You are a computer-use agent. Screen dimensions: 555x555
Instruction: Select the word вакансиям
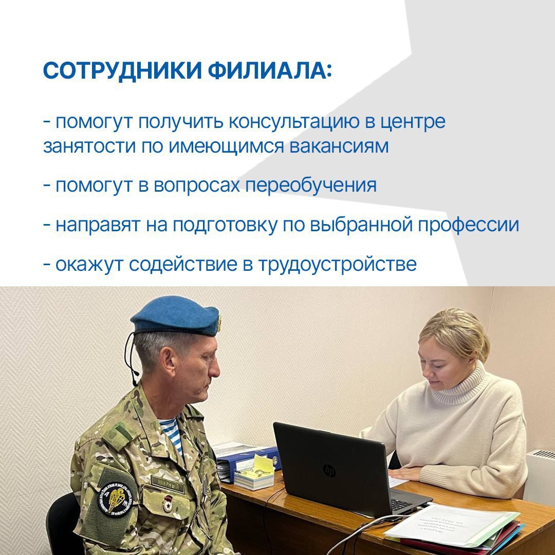pos(339,146)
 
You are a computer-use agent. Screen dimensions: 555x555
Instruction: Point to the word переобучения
pos(310,185)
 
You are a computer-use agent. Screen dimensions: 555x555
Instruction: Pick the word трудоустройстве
pos(337,264)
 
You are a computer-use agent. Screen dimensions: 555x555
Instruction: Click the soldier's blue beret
pos(175,315)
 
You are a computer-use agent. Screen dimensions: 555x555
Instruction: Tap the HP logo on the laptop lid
pos(328,470)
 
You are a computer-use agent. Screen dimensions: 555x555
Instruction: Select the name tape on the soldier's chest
pos(168,485)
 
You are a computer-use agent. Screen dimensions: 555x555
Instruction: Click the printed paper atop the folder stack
pos(452,524)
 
